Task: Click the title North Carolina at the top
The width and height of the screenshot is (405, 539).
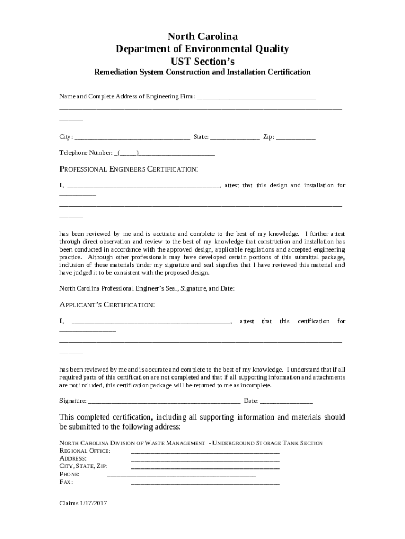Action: (x=202, y=36)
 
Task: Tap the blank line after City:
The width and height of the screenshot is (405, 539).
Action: (x=132, y=137)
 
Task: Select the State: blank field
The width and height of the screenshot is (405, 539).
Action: (x=235, y=137)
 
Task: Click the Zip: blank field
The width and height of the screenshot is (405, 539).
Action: (x=296, y=137)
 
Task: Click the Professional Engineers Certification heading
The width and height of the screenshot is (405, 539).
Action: (x=129, y=169)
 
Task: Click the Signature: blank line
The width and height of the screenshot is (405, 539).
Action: (x=164, y=401)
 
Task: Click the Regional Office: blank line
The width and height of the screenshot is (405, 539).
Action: (x=205, y=451)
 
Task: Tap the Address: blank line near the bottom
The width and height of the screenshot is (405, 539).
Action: (x=205, y=459)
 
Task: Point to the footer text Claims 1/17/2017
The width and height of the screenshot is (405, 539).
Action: (x=84, y=503)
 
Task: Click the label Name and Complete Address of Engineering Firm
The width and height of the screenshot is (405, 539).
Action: (x=127, y=97)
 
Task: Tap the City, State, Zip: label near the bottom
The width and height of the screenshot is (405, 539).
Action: (x=83, y=466)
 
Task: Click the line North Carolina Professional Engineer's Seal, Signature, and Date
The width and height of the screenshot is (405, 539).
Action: (x=147, y=288)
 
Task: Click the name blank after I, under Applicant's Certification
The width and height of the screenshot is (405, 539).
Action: (x=150, y=321)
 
